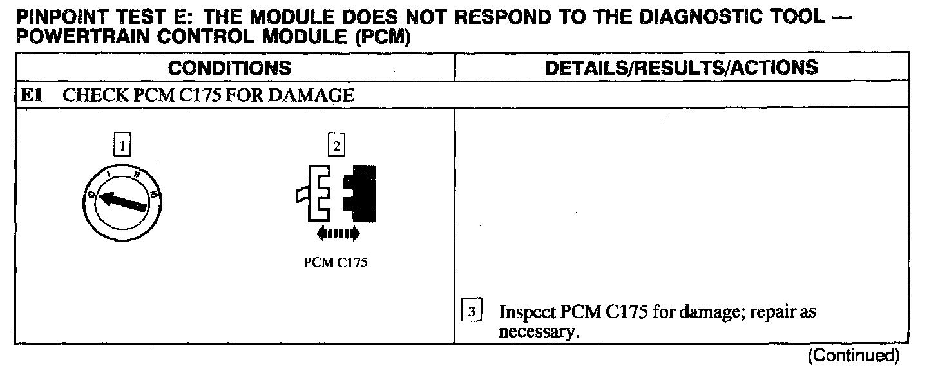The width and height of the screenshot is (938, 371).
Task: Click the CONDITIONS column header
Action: point(234,68)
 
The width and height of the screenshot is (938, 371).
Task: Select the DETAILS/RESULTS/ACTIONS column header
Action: point(682,68)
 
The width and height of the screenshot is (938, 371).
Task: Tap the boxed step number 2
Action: point(336,145)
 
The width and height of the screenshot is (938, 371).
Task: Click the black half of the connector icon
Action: point(360,191)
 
